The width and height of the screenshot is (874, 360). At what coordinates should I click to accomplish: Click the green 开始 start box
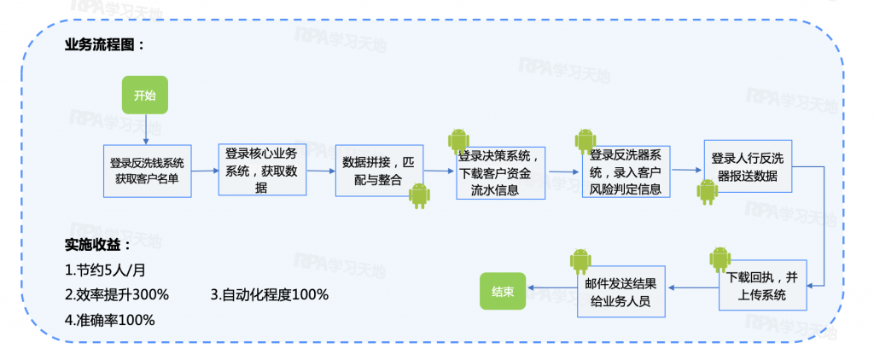pos(145,95)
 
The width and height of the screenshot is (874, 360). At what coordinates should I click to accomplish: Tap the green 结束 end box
pos(503,291)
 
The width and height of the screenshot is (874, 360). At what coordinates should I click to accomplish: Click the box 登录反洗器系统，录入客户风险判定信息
pos(626,171)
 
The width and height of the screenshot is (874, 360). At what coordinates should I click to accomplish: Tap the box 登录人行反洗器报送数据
pos(748,166)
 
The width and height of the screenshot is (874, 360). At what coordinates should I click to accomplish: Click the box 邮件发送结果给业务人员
pos(621,291)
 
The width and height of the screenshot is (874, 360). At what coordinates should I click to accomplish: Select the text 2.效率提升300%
pos(117,294)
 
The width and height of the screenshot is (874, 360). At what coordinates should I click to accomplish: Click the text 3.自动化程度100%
pos(270,294)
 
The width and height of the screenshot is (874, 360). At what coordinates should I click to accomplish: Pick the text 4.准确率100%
pos(110,320)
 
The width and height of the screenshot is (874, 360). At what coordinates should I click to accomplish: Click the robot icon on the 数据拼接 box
pos(419,195)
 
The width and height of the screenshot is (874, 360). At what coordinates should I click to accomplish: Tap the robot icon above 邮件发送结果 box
pos(580,261)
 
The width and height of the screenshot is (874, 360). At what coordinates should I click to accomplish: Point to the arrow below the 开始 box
pos(145,128)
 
